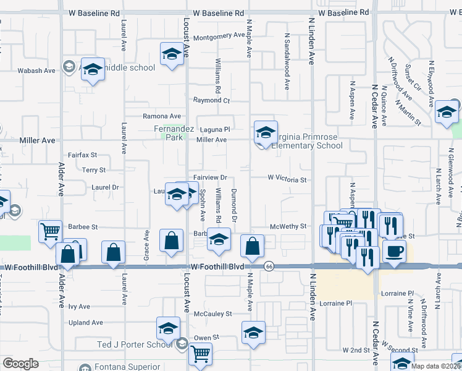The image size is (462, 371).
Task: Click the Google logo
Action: tap(20, 364)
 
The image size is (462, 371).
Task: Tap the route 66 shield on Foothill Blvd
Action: tap(269, 266)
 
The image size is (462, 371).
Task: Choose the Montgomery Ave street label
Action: tap(219, 36)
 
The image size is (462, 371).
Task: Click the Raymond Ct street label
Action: tap(211, 100)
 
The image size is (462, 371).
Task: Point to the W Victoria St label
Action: tap(287, 178)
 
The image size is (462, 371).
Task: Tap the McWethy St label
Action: tap(288, 226)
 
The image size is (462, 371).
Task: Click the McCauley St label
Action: tap(212, 313)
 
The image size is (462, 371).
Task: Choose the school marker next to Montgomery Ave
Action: tap(172, 53)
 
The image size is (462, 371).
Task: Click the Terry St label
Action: tap(94, 169)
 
